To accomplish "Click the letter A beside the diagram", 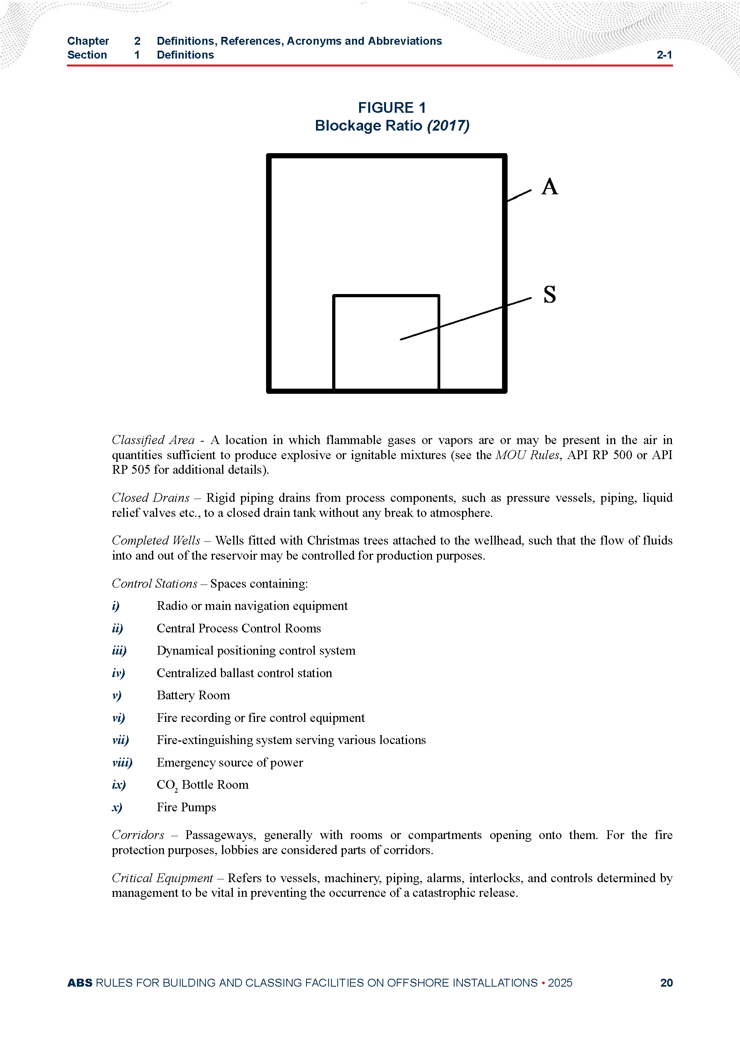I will point(550,187).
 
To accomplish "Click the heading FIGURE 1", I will point(392,108).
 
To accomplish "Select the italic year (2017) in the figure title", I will point(448,126).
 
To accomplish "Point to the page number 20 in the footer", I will point(666,983).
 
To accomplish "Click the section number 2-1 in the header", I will point(664,55).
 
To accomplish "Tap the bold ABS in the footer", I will point(80,983).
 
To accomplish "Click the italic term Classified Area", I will point(153,440).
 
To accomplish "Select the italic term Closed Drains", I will point(150,497).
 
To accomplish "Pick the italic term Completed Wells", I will point(156,540).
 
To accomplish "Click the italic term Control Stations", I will point(154,584).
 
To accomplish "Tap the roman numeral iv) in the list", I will point(118,673).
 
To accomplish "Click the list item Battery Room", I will point(193,695).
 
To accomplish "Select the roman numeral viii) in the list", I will point(122,762).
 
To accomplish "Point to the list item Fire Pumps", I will point(186,807).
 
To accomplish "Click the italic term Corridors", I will point(138,835).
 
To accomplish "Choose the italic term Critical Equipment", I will point(162,878).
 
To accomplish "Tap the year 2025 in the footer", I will point(560,983).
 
